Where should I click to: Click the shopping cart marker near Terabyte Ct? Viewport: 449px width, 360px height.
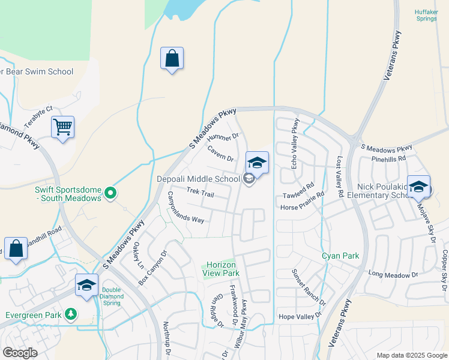62,128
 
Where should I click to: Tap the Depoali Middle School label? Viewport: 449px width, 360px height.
198,179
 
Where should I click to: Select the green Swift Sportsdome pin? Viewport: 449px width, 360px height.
110,193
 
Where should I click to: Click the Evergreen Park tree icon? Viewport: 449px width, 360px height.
71,314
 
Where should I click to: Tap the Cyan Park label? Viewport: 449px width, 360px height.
340,256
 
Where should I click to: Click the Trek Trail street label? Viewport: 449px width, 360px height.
200,193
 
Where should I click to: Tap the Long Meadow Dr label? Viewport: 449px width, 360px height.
393,275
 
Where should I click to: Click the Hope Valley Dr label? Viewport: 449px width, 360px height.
300,316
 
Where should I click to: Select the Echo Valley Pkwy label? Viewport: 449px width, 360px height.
295,144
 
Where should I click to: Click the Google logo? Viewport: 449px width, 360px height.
20,353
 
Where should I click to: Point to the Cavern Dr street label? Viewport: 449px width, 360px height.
220,154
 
